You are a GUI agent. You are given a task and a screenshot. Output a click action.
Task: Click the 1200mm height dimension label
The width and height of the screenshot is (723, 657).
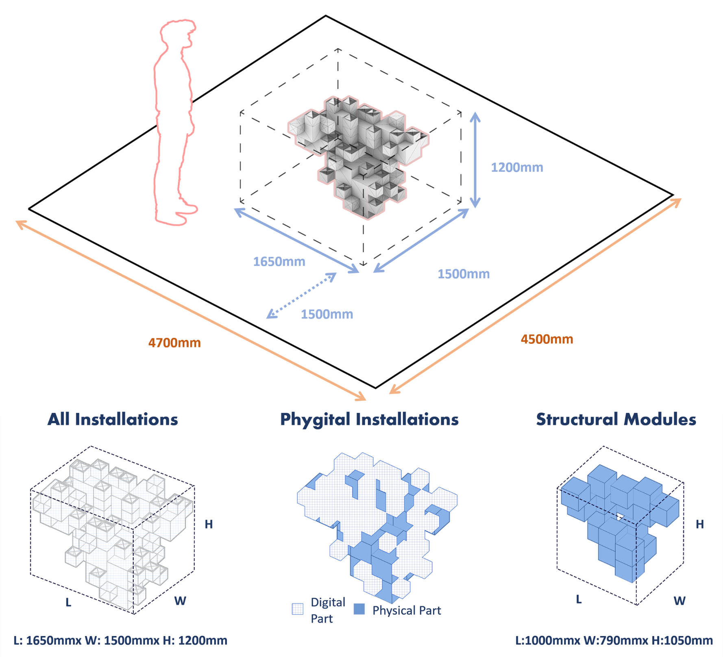pyautogui.click(x=517, y=167)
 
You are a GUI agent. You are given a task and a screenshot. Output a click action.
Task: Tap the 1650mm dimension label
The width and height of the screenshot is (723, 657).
pyautogui.click(x=279, y=262)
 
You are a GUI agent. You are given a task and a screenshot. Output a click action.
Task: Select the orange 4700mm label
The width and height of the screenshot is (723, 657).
pyautogui.click(x=174, y=343)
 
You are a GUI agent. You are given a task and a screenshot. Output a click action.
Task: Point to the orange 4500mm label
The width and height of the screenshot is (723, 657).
pyautogui.click(x=547, y=339)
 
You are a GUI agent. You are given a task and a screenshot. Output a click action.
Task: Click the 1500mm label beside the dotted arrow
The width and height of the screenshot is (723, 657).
pyautogui.click(x=327, y=314)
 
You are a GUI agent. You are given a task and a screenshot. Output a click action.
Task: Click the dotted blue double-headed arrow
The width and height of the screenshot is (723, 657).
pyautogui.click(x=301, y=295)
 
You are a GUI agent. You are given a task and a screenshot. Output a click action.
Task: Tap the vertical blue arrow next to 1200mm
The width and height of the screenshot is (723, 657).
pyautogui.click(x=475, y=160)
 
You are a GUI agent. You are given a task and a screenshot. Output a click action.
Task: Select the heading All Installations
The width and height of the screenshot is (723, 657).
pyautogui.click(x=113, y=419)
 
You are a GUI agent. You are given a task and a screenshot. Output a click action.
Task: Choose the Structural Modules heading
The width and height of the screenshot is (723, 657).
pyautogui.click(x=616, y=419)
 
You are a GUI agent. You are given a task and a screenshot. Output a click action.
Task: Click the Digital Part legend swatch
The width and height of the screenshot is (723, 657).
pyautogui.click(x=298, y=609)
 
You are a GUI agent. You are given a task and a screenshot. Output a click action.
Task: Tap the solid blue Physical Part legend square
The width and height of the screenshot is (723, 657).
pyautogui.click(x=359, y=609)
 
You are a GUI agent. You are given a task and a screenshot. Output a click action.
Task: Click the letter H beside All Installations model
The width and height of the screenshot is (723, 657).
pyautogui.click(x=209, y=525)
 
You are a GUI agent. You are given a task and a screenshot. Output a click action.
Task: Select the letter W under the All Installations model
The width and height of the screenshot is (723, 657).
pyautogui.click(x=180, y=601)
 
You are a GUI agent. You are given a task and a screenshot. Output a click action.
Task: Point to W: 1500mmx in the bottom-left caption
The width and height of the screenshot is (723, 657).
pyautogui.click(x=122, y=641)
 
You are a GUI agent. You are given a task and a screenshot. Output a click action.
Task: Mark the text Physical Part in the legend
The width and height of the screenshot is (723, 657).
pyautogui.click(x=407, y=611)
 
